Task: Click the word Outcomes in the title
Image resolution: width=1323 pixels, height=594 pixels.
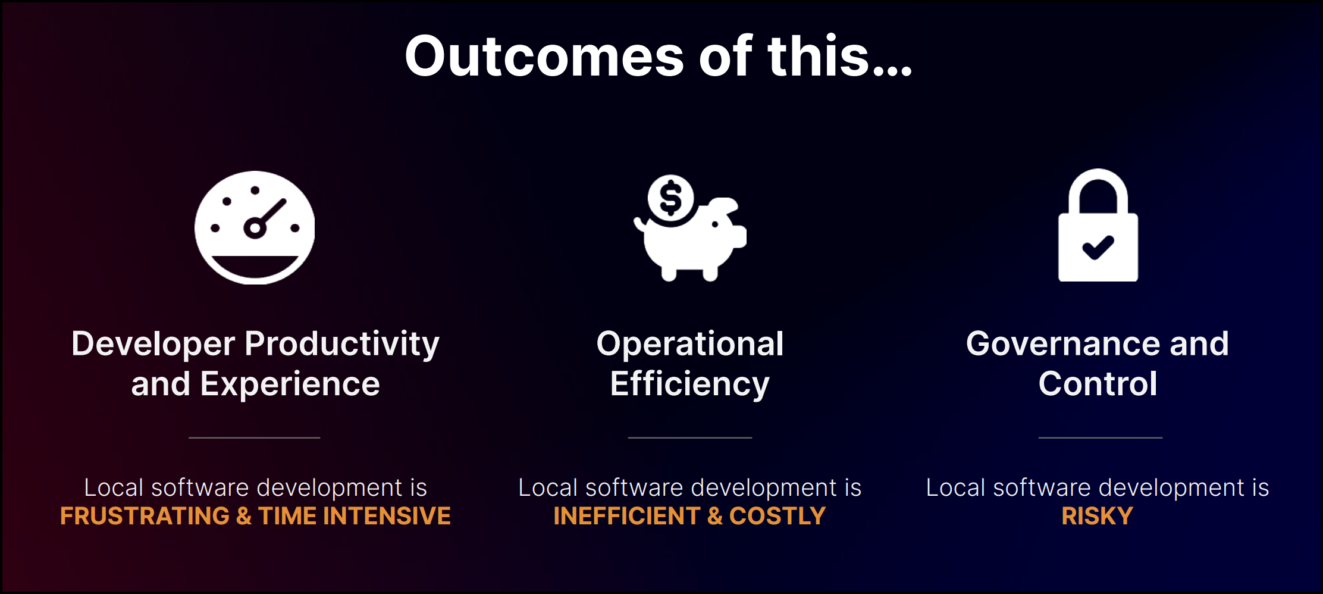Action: (544, 57)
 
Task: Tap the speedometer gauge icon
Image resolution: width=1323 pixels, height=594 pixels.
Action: (255, 227)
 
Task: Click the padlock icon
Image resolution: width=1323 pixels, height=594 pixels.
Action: (1098, 226)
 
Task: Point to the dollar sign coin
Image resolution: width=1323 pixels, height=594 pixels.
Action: (671, 198)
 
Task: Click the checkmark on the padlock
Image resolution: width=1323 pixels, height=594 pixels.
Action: (1098, 247)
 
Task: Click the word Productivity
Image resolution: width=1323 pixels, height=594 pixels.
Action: (342, 344)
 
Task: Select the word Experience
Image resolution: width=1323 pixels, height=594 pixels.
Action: (290, 384)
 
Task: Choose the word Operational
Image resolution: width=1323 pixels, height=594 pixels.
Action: (690, 344)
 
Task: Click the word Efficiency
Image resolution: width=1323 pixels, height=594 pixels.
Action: (690, 384)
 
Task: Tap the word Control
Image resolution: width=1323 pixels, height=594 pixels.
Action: (1098, 384)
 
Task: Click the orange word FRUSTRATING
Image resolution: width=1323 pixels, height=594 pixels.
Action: (145, 516)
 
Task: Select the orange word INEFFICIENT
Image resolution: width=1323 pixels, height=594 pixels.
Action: (626, 516)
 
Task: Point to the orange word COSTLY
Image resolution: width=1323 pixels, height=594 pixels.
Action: (778, 516)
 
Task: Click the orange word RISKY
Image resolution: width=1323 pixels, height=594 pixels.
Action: (1098, 516)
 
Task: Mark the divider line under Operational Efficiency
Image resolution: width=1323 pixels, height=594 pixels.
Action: (690, 437)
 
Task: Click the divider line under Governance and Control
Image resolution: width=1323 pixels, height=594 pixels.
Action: (1101, 437)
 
